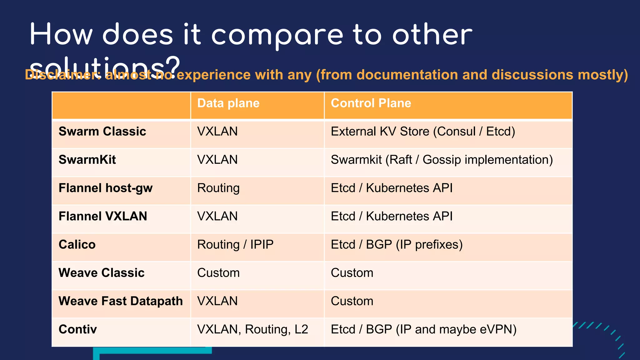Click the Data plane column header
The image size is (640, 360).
(228, 103)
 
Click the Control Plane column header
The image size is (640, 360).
(371, 103)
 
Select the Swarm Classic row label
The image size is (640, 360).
(102, 132)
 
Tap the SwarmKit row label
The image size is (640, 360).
(87, 160)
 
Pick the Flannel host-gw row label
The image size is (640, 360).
(105, 188)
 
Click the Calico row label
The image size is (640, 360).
(77, 245)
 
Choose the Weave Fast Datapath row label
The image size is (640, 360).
(121, 301)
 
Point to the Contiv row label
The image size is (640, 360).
(77, 329)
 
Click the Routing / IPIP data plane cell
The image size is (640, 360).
(235, 245)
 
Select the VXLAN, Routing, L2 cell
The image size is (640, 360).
(252, 329)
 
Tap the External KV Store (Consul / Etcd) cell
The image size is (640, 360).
(423, 132)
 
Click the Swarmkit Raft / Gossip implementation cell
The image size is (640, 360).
(442, 160)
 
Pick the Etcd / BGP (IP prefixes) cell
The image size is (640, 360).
(397, 245)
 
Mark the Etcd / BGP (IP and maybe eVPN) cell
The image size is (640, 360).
(423, 329)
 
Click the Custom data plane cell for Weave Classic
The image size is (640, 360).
(218, 273)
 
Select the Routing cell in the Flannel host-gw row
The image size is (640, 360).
(218, 188)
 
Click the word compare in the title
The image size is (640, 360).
(277, 35)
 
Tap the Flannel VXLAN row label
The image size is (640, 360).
(102, 216)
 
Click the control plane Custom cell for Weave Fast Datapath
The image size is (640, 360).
(352, 301)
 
